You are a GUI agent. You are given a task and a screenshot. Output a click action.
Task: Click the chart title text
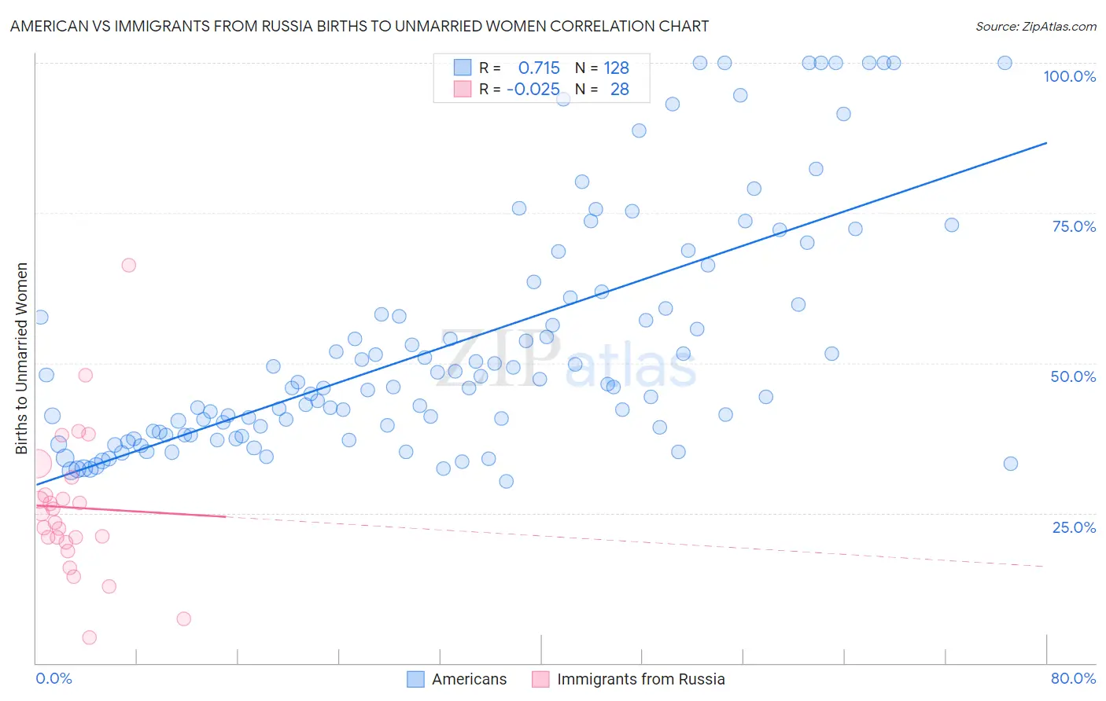(x=359, y=26)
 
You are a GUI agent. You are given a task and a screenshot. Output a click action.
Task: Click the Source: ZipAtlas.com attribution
(x=1035, y=26)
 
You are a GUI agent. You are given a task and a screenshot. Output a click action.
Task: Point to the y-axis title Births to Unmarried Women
(x=22, y=358)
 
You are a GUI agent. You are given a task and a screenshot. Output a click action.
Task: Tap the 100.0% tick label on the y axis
(x=1069, y=76)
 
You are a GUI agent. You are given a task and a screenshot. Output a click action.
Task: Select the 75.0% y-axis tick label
(x=1074, y=226)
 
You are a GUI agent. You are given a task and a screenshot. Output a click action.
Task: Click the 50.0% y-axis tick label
(x=1073, y=376)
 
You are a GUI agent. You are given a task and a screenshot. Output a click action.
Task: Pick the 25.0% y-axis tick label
(x=1074, y=527)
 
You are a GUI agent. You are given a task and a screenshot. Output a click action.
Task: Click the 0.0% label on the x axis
(x=53, y=678)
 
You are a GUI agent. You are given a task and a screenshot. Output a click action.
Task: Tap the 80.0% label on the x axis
(x=1073, y=678)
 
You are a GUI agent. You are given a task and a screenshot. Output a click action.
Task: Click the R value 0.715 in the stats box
(x=539, y=68)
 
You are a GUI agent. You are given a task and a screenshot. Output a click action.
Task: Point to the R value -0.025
(x=533, y=90)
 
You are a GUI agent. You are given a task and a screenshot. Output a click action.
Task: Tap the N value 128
(x=616, y=68)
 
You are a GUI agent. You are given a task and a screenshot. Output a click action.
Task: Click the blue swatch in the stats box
(x=463, y=68)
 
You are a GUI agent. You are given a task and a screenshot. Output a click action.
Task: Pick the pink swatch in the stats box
(x=463, y=90)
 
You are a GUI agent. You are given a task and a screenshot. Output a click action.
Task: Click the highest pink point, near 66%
(x=129, y=265)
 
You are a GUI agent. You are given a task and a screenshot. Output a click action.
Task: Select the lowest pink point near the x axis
(x=90, y=637)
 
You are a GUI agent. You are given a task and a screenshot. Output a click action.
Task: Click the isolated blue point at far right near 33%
(x=1011, y=464)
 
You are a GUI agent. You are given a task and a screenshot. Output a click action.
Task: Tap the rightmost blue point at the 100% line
(x=1005, y=63)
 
